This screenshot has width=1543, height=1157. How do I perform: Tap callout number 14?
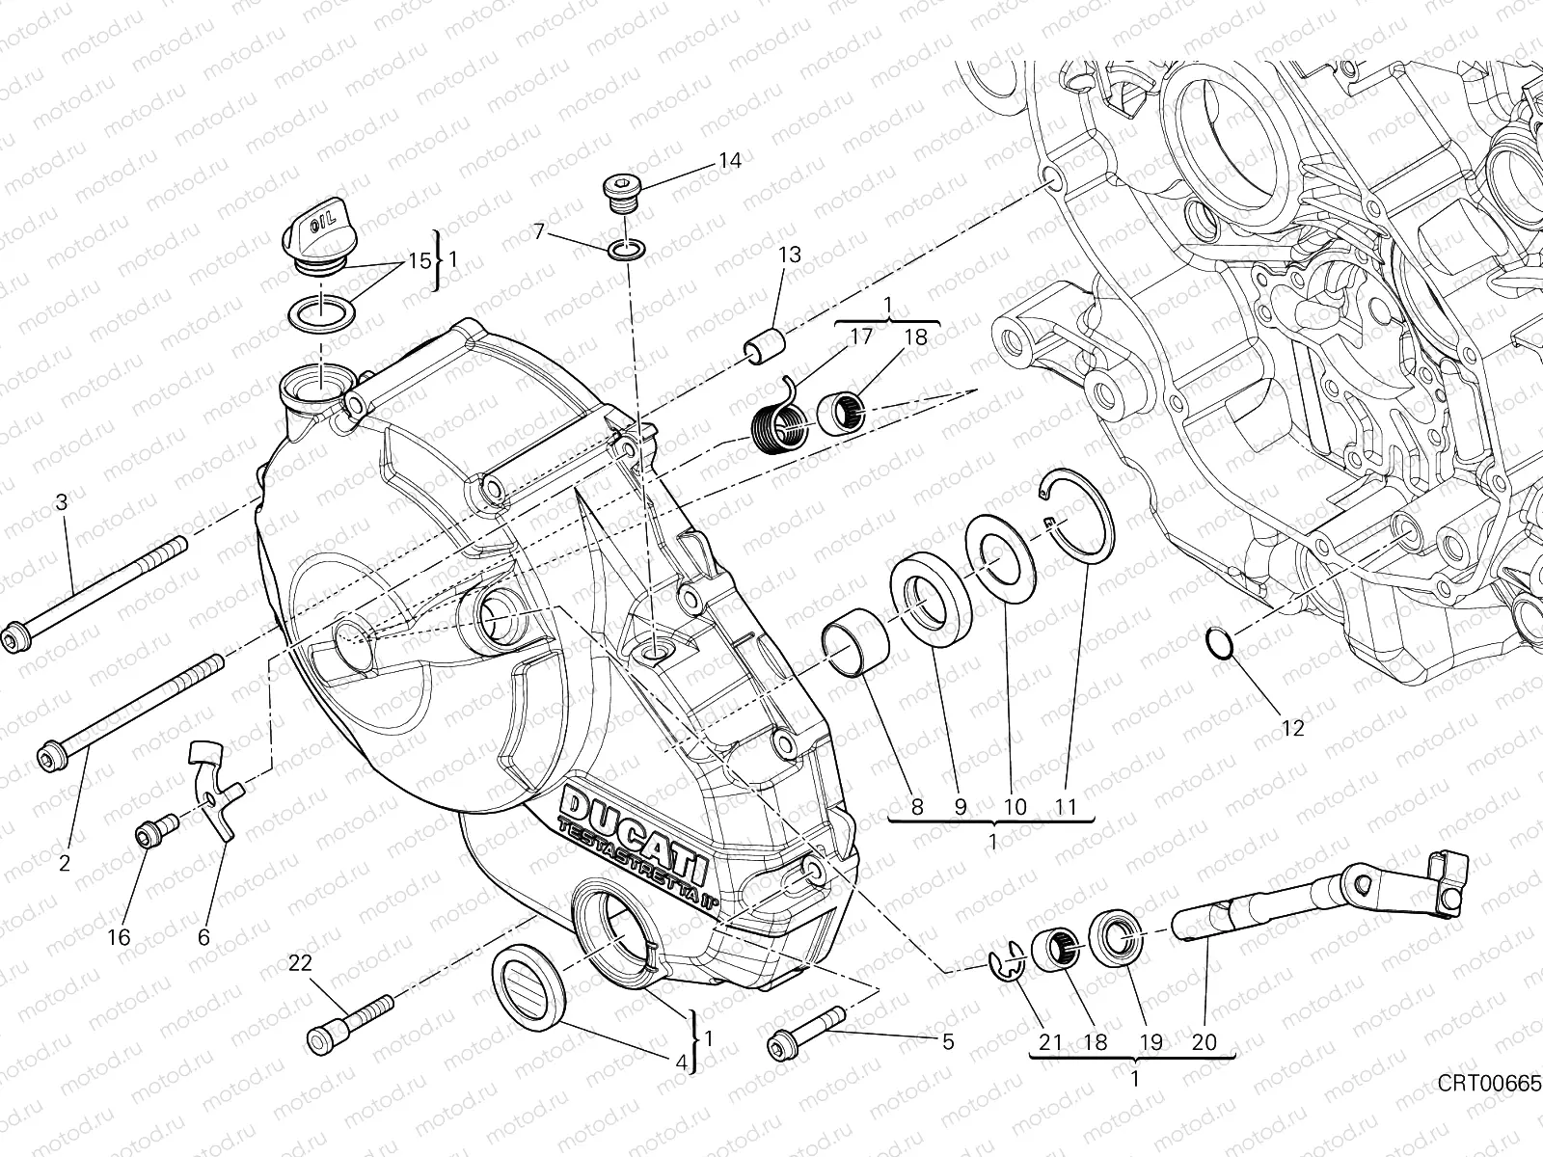tap(729, 160)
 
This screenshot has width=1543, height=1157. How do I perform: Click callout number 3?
tap(61, 502)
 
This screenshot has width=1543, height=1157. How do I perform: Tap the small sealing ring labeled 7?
tap(626, 251)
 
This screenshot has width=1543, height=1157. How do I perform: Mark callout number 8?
tap(916, 806)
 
